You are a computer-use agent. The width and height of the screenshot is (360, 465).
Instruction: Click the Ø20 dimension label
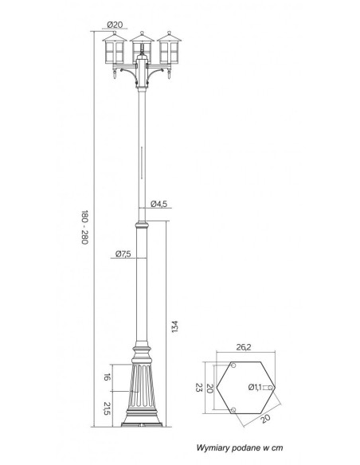(115, 25)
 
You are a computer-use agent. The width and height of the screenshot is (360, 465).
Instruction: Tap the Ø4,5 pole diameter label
(159, 204)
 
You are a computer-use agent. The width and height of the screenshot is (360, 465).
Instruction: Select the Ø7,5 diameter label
(123, 254)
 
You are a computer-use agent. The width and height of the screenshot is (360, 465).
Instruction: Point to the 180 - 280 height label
(84, 227)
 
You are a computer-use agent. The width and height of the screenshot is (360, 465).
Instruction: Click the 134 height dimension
(175, 326)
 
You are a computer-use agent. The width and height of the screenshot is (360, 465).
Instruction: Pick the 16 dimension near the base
(107, 377)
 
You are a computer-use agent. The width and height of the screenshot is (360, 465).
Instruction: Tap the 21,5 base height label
(107, 408)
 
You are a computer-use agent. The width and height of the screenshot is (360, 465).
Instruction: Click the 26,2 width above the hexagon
(244, 347)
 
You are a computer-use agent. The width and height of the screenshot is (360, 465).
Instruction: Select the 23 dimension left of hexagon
(198, 387)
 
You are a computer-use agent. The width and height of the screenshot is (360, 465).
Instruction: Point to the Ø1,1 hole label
(255, 387)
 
